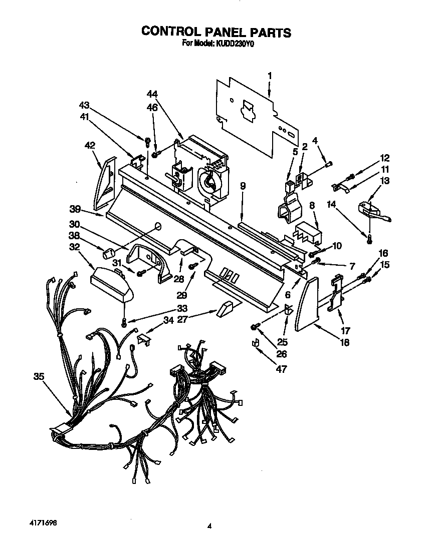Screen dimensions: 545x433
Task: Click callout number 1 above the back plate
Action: click(270, 76)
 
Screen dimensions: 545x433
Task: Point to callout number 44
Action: click(152, 94)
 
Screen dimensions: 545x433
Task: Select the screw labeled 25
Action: click(255, 327)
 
